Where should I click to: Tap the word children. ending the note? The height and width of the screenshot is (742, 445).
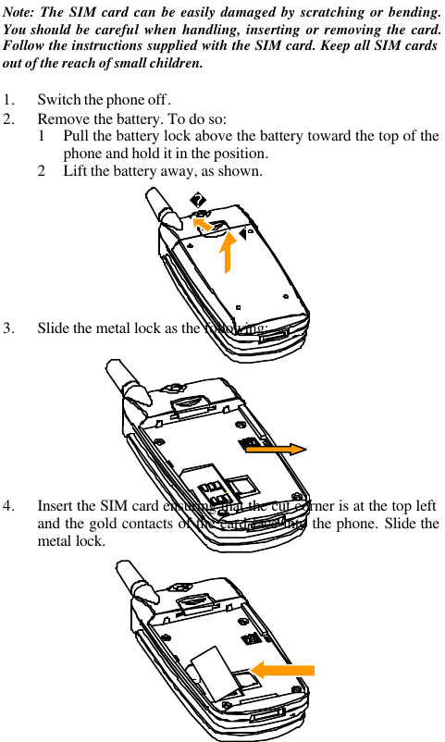coord(170,64)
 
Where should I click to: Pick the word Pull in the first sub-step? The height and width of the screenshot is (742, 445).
coord(77,137)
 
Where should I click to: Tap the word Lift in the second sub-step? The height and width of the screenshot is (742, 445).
coord(76,172)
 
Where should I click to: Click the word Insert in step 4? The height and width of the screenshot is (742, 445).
coord(56,507)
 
